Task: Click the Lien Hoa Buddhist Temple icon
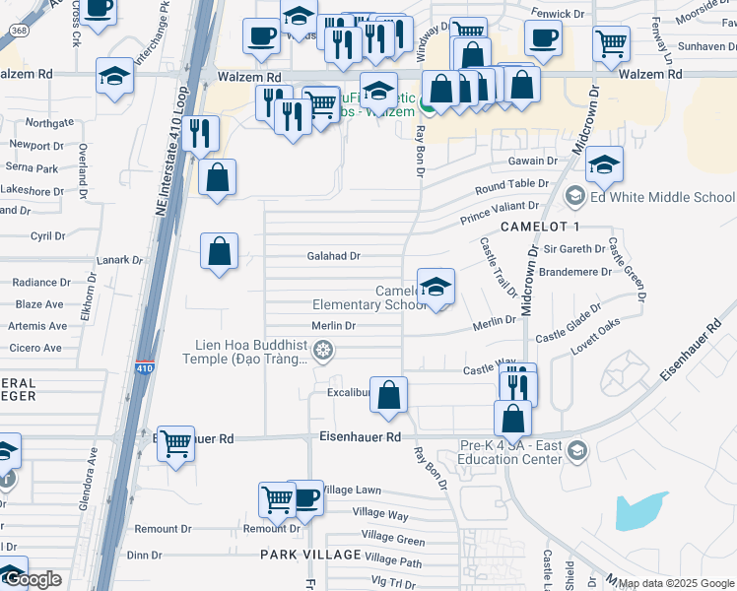(321, 351)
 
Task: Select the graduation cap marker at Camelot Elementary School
(435, 288)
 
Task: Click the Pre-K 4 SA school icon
(577, 451)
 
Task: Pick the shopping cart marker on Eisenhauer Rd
(175, 445)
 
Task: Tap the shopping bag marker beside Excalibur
(389, 396)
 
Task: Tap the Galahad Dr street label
(332, 256)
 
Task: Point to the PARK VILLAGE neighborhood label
(306, 555)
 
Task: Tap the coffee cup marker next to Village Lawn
(305, 498)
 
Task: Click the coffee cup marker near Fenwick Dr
(542, 38)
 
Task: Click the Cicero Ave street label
(37, 348)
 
